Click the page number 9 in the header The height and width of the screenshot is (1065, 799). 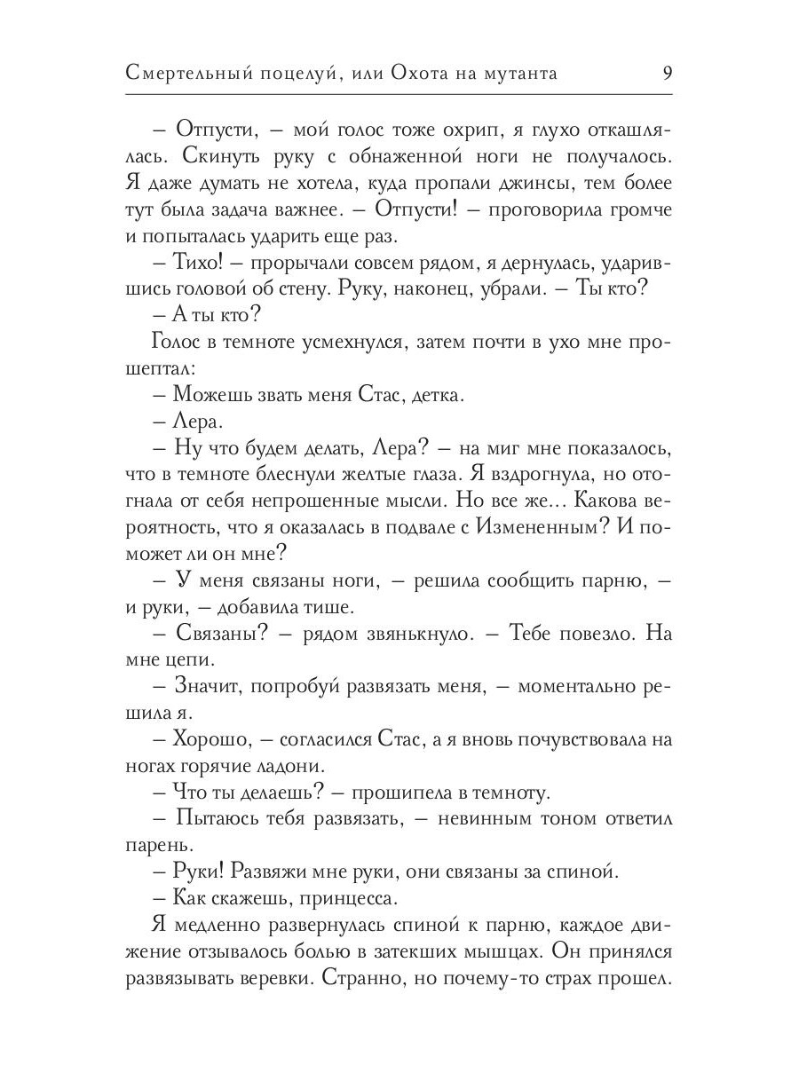666,74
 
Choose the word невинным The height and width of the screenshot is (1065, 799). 477,817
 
